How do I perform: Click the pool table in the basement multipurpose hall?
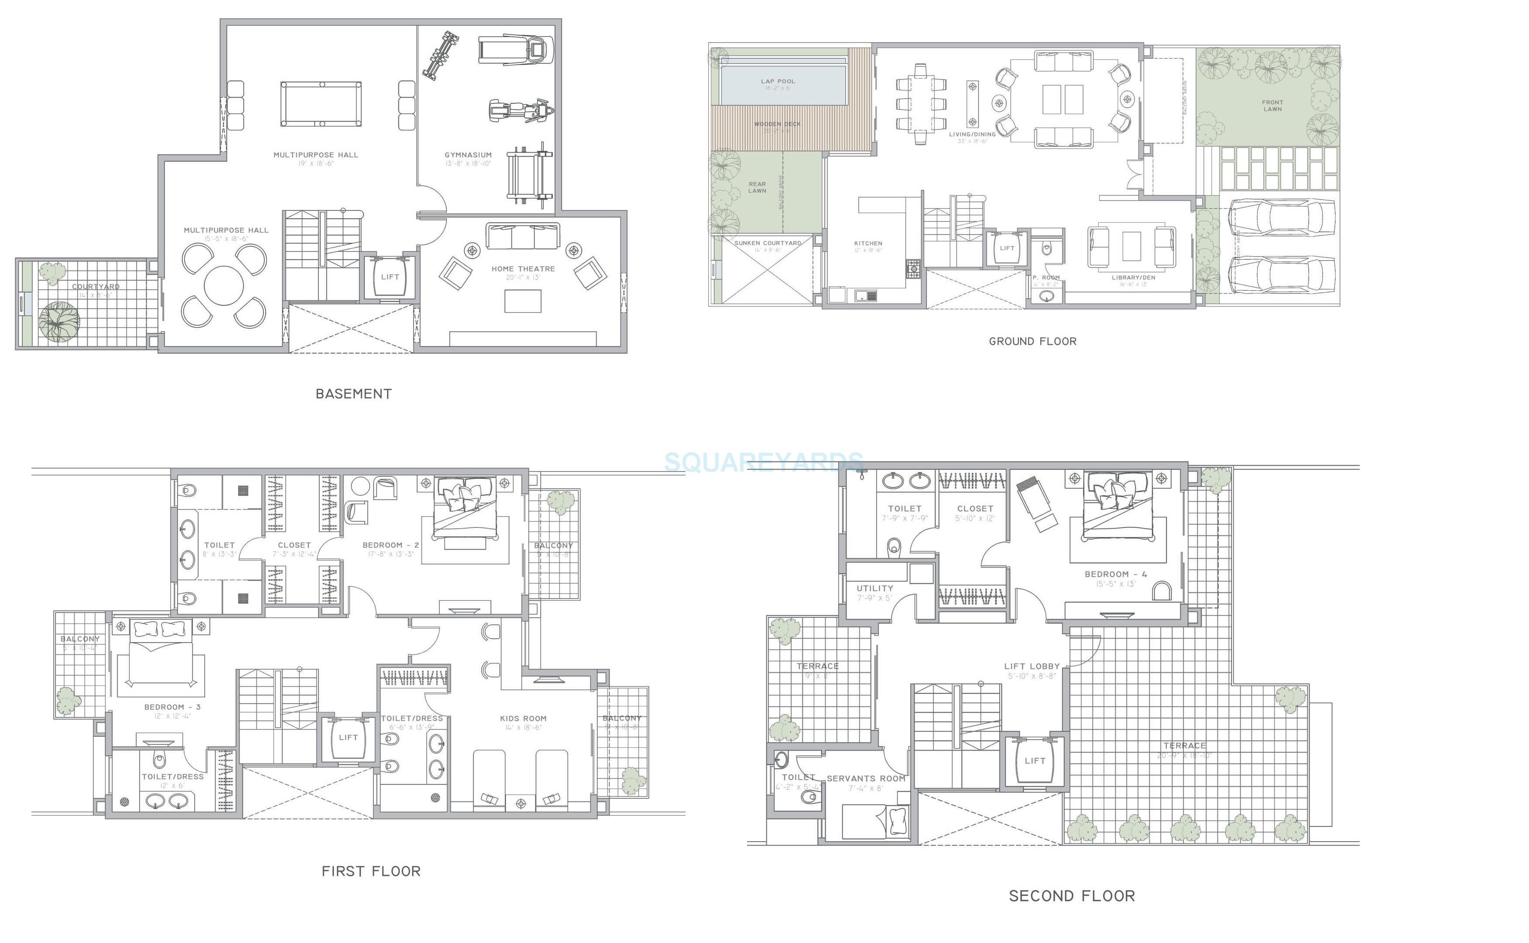320,103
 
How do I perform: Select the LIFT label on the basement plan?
390,277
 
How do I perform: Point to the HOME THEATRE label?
523,269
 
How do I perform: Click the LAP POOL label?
778,81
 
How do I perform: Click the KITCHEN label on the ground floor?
868,243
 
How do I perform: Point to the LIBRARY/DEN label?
1133,278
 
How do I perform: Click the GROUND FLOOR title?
1033,341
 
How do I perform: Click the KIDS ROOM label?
523,719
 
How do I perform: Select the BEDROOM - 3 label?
172,707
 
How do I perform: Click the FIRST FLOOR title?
371,871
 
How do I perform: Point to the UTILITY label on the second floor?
874,588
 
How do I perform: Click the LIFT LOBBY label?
1032,666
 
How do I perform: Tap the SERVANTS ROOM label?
866,778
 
